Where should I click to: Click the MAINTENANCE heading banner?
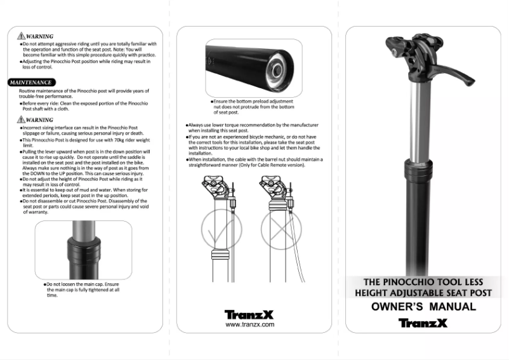click(x=30, y=83)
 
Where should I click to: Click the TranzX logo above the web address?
click(x=250, y=314)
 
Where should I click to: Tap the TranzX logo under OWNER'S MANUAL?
click(x=423, y=322)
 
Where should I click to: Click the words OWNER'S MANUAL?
click(x=423, y=307)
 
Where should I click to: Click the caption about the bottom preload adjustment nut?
click(x=253, y=107)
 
